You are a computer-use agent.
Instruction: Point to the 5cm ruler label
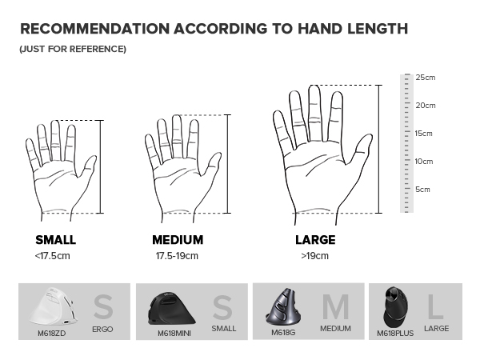click(x=422, y=190)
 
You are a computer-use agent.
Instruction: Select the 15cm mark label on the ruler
click(x=424, y=134)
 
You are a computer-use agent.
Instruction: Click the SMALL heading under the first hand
click(x=56, y=240)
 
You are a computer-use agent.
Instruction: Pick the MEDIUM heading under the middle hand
click(x=178, y=240)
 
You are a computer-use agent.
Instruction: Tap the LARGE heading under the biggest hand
click(x=315, y=240)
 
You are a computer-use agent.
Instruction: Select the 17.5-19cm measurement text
click(x=177, y=256)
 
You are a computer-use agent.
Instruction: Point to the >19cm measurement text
click(x=314, y=256)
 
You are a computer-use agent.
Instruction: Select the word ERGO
click(x=102, y=329)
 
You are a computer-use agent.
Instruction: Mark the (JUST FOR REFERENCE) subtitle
click(x=72, y=50)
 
